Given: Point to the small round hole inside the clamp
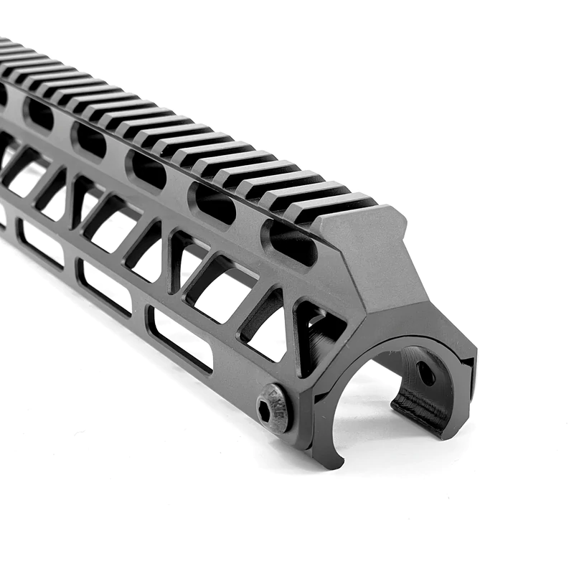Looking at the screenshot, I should pos(425,373).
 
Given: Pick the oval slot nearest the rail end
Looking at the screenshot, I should pos(291,241).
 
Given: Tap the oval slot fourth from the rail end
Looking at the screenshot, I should pos(90,138).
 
